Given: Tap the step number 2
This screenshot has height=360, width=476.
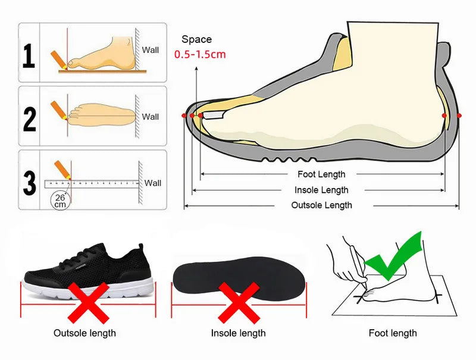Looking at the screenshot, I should pyautogui.click(x=29, y=118).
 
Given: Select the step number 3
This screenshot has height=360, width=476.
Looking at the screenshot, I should pyautogui.click(x=29, y=182).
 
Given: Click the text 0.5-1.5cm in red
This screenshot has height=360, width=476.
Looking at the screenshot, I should pyautogui.click(x=200, y=54).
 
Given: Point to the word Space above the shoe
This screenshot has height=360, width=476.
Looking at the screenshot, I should pyautogui.click(x=196, y=39).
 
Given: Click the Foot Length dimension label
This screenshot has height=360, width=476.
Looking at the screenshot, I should pyautogui.click(x=321, y=174).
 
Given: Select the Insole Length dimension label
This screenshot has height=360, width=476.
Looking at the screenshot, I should pyautogui.click(x=321, y=190).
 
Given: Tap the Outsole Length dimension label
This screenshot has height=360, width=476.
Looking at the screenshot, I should pyautogui.click(x=321, y=205).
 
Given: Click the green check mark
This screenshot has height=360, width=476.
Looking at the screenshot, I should pyautogui.click(x=394, y=257).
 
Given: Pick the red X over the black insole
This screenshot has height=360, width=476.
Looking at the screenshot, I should pyautogui.click(x=237, y=301).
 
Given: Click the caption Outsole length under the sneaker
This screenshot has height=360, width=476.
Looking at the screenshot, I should pyautogui.click(x=84, y=333).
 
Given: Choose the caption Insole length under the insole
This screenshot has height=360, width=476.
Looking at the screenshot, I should pyautogui.click(x=238, y=333).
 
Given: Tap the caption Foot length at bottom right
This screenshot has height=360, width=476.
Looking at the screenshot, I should pyautogui.click(x=393, y=333).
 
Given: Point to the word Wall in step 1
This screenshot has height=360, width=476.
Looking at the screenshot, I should pyautogui.click(x=151, y=50).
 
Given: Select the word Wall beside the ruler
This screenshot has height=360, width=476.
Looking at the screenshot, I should pyautogui.click(x=153, y=183).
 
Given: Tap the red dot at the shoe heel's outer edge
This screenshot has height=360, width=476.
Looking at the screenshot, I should pyautogui.click(x=459, y=115).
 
